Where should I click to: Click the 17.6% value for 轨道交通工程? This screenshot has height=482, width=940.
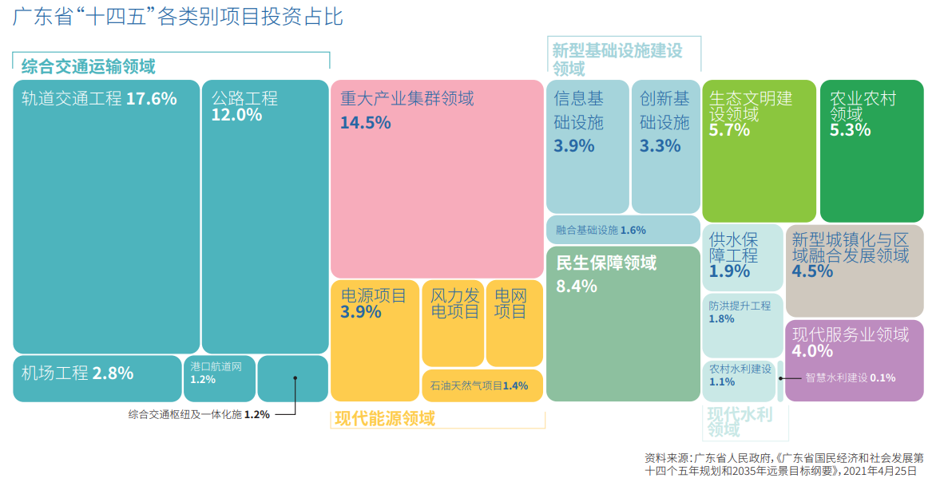[151, 99]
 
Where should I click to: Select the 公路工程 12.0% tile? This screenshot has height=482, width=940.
[264, 215]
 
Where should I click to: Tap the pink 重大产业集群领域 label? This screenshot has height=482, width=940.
[407, 99]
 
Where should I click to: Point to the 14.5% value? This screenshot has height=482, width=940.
[365, 123]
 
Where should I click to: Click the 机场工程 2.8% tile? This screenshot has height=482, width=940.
[97, 378]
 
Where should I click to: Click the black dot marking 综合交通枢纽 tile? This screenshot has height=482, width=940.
[295, 377]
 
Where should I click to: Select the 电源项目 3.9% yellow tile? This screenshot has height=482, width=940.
[374, 339]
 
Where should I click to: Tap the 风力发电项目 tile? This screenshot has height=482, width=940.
[453, 323]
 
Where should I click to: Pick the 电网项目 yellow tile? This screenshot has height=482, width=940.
[514, 323]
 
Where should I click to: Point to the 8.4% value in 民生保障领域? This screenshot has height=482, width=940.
[577, 286]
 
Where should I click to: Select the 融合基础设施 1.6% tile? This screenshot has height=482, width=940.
[623, 230]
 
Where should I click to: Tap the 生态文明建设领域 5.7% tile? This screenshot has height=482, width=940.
[759, 150]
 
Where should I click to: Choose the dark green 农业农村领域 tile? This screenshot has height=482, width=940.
[871, 150]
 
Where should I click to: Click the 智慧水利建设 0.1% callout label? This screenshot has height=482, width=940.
[850, 378]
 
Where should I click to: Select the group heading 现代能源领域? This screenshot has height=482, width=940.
[384, 418]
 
